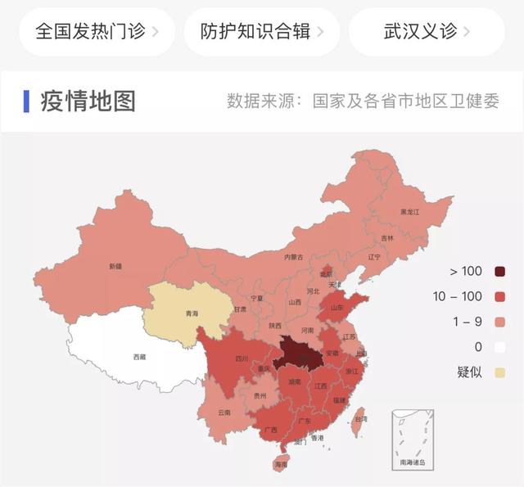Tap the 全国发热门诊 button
(x=97, y=32)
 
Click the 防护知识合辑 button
(x=261, y=32)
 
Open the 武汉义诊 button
(x=427, y=32)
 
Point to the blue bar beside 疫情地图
(x=27, y=101)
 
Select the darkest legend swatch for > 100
(x=499, y=272)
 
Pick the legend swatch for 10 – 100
(x=499, y=296)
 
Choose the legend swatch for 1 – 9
(x=499, y=322)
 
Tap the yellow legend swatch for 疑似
(x=499, y=372)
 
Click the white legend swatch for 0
(x=499, y=347)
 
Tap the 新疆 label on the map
(x=115, y=267)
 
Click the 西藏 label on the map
(x=140, y=357)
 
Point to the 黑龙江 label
(x=409, y=212)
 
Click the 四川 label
(x=242, y=358)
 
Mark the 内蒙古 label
(x=293, y=257)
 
